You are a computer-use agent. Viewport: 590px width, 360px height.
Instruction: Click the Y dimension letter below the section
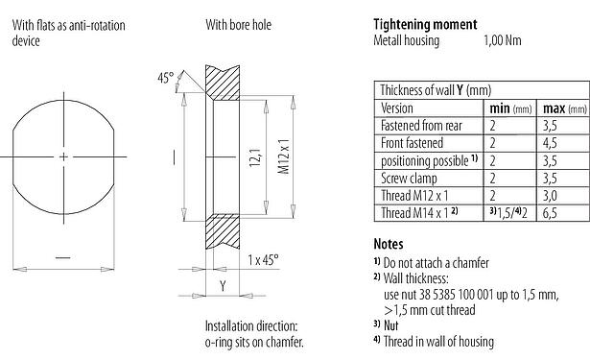pos(222,285)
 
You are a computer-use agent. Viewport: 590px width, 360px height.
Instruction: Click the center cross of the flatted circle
pos(63,156)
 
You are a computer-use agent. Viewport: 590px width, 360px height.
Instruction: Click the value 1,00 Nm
pos(503,41)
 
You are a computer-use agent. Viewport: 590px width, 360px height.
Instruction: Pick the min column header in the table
pos(505,108)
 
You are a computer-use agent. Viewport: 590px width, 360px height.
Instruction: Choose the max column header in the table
pos(558,108)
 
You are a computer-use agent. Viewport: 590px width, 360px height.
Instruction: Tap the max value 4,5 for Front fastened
pos(553,142)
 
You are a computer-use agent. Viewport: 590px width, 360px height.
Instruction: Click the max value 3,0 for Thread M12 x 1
pos(553,194)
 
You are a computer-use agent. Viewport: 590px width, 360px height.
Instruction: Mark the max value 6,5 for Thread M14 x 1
pos(553,211)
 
